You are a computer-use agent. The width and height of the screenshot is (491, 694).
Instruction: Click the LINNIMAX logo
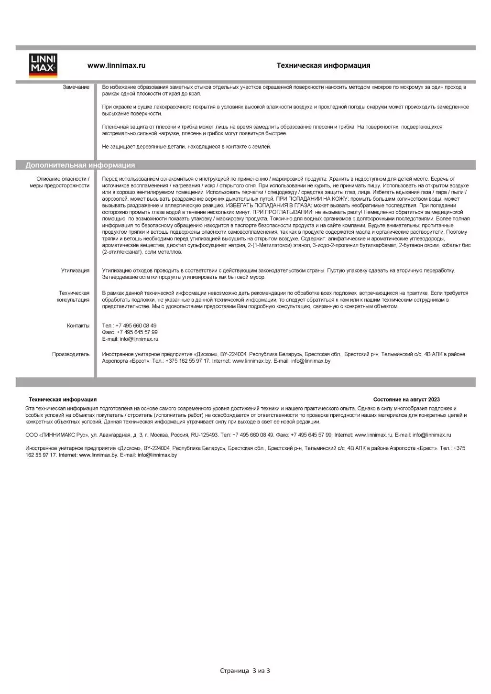click(x=44, y=65)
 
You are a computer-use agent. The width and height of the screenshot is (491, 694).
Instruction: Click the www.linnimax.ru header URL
click(x=116, y=65)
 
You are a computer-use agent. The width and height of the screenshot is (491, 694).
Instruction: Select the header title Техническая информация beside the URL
click(x=323, y=65)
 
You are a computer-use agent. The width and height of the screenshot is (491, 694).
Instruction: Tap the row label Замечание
click(x=76, y=87)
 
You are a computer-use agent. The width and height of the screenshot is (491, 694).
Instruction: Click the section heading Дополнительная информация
click(x=80, y=165)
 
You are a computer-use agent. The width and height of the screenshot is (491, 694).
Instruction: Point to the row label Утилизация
click(x=75, y=271)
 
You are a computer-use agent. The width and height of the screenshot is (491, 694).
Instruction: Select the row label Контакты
click(x=78, y=325)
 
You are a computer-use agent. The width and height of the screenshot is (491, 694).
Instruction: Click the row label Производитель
click(x=71, y=354)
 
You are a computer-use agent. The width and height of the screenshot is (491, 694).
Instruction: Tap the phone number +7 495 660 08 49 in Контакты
click(x=136, y=325)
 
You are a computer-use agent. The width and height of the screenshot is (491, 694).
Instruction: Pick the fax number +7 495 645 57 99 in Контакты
click(x=137, y=332)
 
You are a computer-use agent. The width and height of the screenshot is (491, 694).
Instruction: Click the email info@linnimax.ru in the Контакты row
click(x=139, y=339)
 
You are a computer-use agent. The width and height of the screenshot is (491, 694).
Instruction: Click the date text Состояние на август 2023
click(x=406, y=400)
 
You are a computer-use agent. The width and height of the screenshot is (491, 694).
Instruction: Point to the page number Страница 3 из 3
click(x=245, y=671)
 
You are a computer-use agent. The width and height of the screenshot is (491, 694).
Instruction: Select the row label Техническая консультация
click(x=74, y=296)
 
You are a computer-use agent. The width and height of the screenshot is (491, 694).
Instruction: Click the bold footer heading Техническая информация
click(x=63, y=400)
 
